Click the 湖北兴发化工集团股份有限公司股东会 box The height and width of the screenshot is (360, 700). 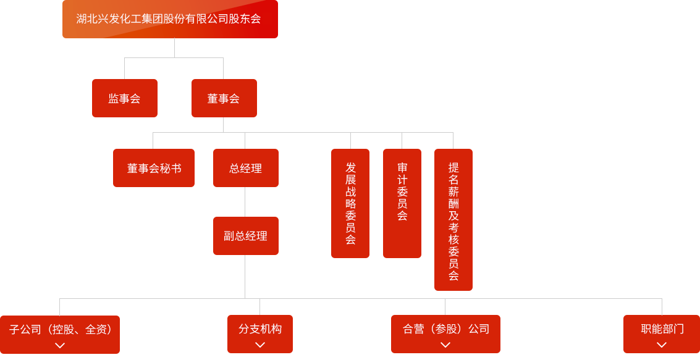coord(170,19)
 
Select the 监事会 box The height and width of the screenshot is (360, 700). coord(124,99)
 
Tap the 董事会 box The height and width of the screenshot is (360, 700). coord(224,99)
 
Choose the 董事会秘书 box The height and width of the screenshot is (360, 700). coord(154,169)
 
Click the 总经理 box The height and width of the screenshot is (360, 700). coord(245,169)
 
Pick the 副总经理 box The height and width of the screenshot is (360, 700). coord(245,236)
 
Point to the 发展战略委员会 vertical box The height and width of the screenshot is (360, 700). coord(350,203)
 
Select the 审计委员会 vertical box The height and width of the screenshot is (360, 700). coord(402,203)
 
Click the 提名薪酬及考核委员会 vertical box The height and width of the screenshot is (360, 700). coord(453,220)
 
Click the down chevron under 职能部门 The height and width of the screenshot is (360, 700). coord(662,345)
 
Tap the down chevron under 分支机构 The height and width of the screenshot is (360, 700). coord(260,345)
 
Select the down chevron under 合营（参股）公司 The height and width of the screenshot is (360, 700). coord(445,345)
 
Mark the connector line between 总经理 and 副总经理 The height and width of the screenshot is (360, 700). coord(245,202)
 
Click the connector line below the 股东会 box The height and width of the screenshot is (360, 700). coord(175,48)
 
